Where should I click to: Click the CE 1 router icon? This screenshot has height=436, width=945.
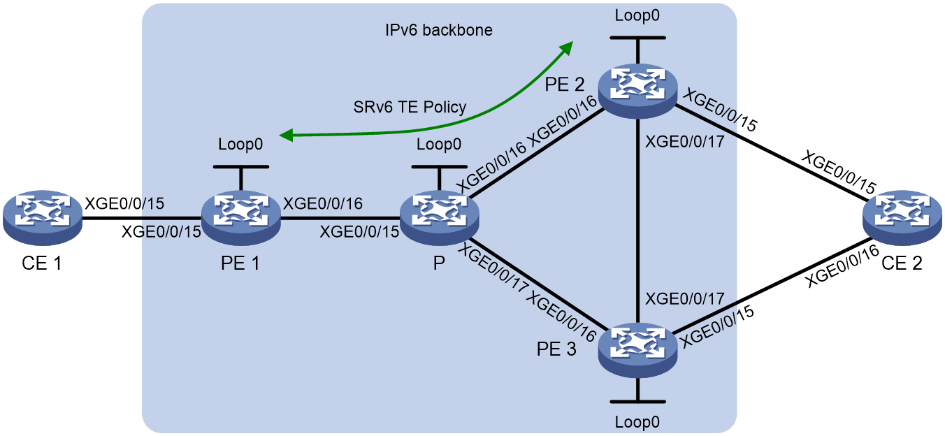pos(42,218)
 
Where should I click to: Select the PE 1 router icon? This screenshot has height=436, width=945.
pos(241,218)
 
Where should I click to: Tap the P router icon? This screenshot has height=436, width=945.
pos(439,218)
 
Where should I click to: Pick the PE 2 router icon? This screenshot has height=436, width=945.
pos(637,91)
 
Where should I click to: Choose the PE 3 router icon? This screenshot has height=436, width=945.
pos(637,350)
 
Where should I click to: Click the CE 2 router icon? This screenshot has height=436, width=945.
pos(902,218)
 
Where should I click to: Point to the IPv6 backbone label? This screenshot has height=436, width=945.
pos(439,30)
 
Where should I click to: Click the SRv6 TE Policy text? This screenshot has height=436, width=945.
pos(410,107)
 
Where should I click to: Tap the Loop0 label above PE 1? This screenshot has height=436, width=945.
pos(240,144)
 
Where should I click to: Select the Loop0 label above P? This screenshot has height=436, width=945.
pos(439,144)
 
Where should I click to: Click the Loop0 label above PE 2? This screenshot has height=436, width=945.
pos(637,15)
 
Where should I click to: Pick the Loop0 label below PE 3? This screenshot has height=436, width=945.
pos(637,421)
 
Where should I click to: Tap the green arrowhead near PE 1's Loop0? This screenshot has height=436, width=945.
pos(287,136)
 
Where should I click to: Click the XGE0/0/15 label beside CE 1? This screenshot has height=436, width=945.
pos(124,203)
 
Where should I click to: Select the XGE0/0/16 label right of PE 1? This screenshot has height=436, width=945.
pos(323,203)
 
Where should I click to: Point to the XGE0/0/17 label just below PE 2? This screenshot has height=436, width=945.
pos(685,142)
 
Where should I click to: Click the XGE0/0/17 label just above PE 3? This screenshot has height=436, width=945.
pos(685,299)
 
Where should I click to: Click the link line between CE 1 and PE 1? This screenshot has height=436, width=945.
pos(142,219)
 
